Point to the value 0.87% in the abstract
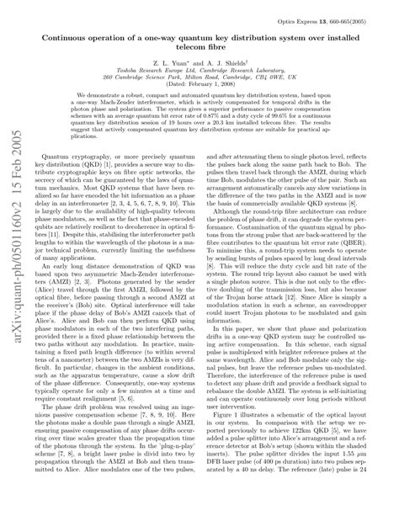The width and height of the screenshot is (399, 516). (x=238, y=140)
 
